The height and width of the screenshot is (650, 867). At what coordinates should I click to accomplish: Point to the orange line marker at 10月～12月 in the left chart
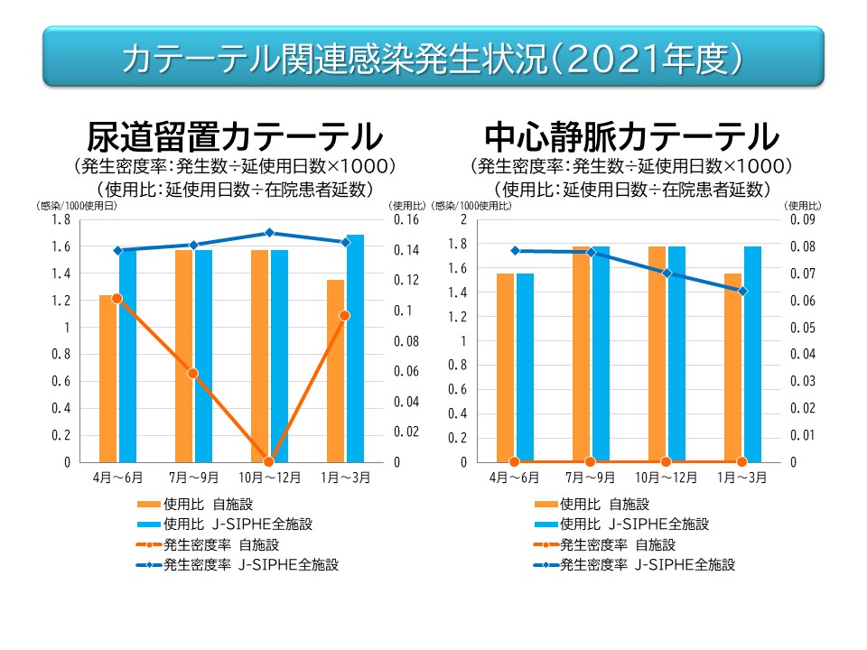(268, 461)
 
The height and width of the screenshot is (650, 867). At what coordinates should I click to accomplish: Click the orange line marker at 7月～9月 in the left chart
(192, 373)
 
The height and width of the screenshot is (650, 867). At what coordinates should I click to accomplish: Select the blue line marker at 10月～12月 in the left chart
(268, 233)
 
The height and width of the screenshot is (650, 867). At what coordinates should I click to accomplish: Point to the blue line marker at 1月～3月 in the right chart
(742, 291)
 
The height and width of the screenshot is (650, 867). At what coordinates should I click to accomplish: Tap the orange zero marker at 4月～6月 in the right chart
(515, 461)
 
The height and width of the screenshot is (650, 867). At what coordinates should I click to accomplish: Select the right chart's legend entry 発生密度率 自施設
(618, 544)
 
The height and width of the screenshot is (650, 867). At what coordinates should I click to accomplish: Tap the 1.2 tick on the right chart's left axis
(457, 317)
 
